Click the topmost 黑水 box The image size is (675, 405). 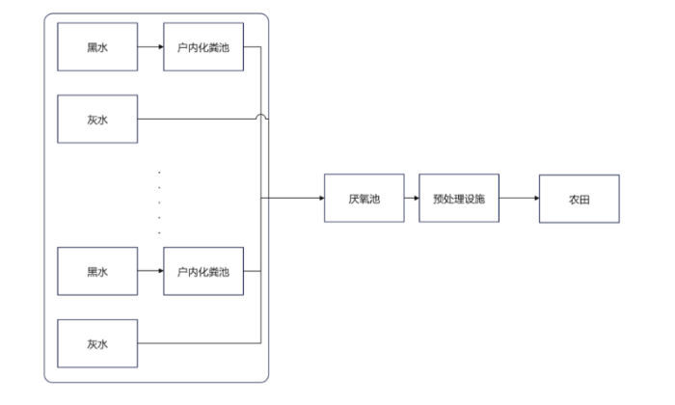click(x=97, y=45)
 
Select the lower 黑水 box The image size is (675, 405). click(x=97, y=273)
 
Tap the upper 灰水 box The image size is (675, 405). click(x=97, y=120)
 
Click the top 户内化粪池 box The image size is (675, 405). click(x=203, y=45)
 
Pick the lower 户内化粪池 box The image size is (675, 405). click(x=203, y=273)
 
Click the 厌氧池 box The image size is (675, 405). click(x=364, y=199)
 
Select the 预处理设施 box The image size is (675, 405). click(x=458, y=199)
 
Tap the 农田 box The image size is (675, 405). click(x=579, y=199)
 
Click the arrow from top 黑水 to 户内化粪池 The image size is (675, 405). click(x=149, y=45)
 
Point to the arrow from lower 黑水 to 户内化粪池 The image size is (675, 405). click(x=149, y=273)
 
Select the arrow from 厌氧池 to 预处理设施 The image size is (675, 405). click(x=412, y=199)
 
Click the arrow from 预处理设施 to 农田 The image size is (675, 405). click(x=519, y=199)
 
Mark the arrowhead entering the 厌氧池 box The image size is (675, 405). click(x=319, y=199)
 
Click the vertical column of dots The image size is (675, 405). click(x=159, y=202)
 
